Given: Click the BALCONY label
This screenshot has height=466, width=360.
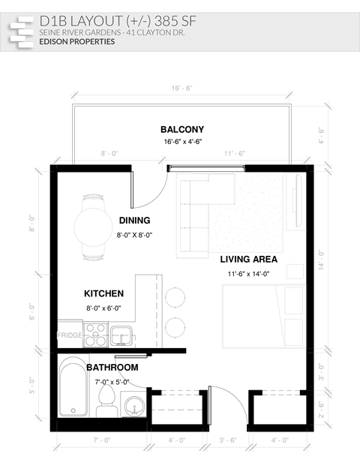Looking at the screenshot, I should click(182, 129).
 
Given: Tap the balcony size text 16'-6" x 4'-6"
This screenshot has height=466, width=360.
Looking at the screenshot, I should click(183, 141).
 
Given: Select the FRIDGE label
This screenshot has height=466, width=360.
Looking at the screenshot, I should click(70, 335).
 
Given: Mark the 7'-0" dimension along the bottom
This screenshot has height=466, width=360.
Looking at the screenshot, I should click(102, 439).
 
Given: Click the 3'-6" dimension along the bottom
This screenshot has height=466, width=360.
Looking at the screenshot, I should click(228, 439).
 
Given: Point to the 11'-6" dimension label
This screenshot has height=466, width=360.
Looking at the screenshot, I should click(235, 153).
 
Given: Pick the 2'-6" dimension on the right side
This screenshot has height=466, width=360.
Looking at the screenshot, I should click(321, 409).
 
